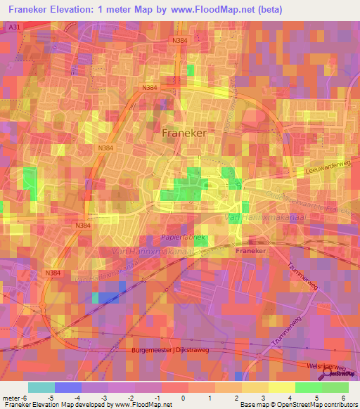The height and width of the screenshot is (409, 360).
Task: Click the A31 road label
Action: coord(12,26)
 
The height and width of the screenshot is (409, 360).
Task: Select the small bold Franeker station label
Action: coord(251,251)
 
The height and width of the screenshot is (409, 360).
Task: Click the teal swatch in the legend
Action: coord(41,387)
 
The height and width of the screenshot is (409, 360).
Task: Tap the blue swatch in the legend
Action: coord(67,387)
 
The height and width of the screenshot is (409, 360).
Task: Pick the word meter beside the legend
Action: coord(11,398)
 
